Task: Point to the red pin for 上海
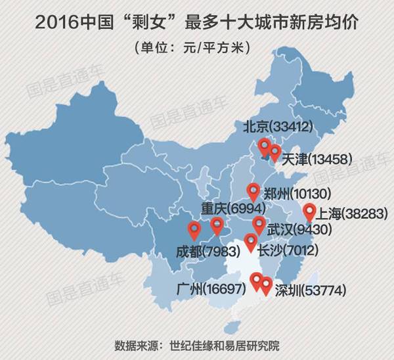(311, 212)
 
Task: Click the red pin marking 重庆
(217, 227)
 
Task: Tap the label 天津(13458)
(318, 159)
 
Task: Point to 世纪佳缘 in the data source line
(190, 346)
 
